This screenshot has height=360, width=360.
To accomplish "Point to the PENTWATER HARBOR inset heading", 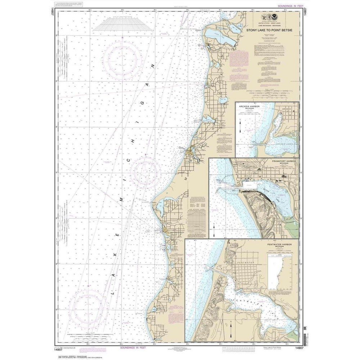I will [x=278, y=244].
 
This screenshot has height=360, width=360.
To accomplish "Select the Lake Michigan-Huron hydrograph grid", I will [x=199, y=218].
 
